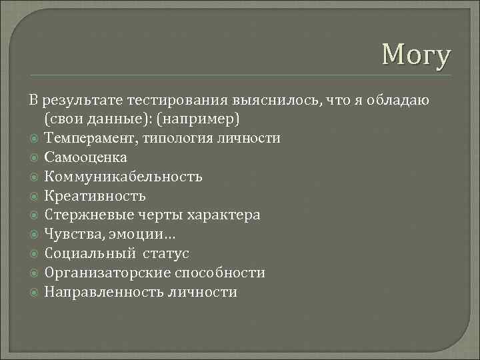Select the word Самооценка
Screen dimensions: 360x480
pos(85,157)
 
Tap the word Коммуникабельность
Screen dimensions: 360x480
pos(123,177)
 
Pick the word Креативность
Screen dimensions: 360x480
pos(95,196)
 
